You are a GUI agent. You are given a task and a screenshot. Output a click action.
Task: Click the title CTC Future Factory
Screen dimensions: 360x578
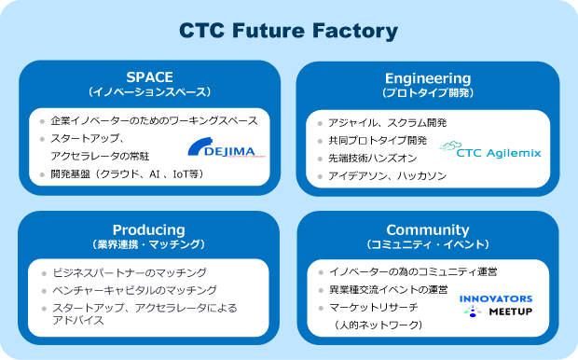point(288,31)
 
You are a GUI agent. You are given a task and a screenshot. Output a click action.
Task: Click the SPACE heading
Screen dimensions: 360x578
point(149,77)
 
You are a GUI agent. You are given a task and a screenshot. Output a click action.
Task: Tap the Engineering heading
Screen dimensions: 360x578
point(427,77)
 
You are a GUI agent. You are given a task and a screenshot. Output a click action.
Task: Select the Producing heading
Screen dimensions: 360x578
point(149,230)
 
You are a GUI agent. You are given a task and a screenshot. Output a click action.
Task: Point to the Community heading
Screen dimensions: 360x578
point(427,230)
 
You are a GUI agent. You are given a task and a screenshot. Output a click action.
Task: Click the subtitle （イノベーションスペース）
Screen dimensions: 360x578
point(149,93)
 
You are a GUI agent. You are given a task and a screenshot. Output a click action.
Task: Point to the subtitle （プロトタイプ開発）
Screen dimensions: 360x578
point(427,93)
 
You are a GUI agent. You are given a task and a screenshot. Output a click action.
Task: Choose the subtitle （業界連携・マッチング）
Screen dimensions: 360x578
point(149,245)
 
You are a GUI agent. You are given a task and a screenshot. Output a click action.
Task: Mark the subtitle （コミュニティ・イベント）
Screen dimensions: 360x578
point(427,245)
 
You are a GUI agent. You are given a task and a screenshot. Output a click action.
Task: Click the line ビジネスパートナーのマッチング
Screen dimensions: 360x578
point(141,272)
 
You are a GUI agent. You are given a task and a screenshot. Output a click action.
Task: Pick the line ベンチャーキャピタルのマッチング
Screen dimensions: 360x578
point(146,290)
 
